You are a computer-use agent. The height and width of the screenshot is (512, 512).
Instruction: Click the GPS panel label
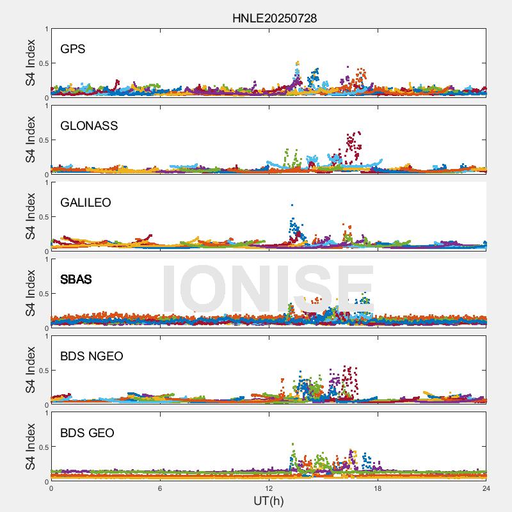tap(73, 49)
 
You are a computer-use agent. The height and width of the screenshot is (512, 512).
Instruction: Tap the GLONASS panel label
tap(89, 125)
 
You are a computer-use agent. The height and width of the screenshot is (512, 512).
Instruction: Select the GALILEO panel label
tap(86, 202)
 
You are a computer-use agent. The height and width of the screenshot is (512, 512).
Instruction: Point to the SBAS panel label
tap(76, 279)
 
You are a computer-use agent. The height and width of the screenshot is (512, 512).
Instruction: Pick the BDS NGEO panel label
tap(92, 356)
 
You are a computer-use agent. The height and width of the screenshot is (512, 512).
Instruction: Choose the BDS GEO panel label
tap(87, 433)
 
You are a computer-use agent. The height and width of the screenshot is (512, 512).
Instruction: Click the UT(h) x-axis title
tap(269, 500)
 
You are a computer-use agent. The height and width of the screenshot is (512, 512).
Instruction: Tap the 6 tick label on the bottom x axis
tap(160, 488)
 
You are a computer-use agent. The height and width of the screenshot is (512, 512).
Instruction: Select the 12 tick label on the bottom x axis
tap(269, 488)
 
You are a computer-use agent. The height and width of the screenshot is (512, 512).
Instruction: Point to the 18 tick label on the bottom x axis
tap(378, 488)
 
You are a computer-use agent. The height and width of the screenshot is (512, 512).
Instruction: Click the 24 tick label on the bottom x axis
tap(486, 488)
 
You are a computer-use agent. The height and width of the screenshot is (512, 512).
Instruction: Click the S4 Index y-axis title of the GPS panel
tap(30, 63)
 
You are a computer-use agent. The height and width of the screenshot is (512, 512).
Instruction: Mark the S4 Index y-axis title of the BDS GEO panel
tap(30, 447)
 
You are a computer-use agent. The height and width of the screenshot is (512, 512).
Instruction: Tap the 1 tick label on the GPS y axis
tap(46, 29)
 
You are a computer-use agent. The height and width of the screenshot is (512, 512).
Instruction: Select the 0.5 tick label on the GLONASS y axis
tap(42, 140)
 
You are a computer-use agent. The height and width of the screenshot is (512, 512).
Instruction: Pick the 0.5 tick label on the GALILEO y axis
tap(42, 217)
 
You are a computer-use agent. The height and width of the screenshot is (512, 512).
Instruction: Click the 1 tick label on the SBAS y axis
tap(46, 259)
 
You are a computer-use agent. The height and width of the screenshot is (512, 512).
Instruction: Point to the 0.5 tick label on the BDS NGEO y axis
tap(42, 371)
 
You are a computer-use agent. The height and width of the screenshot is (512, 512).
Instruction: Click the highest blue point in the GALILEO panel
tap(292, 205)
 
